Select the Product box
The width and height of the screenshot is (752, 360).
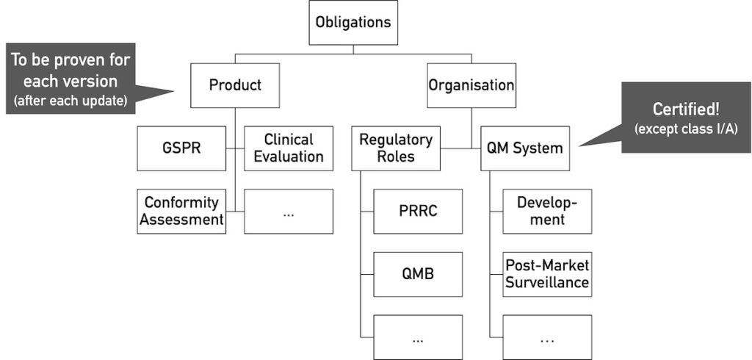point(235,85)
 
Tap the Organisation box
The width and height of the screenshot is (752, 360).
point(471,85)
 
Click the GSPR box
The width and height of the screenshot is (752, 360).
point(181,148)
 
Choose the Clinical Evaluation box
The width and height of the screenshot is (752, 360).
point(289,148)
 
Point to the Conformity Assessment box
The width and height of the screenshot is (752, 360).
point(181,211)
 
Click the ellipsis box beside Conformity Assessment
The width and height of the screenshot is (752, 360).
point(289,212)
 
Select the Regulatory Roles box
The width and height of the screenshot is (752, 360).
point(396,148)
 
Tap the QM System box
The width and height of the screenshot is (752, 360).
point(525,148)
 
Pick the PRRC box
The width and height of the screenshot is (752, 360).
point(418,212)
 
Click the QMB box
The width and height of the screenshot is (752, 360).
point(418,274)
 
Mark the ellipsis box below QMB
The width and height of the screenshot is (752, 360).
point(418,337)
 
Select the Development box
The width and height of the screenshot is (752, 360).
point(547,212)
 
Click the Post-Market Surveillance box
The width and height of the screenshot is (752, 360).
point(547,274)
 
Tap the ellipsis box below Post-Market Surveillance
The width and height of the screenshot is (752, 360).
point(547,337)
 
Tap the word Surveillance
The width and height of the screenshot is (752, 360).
point(547,283)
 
